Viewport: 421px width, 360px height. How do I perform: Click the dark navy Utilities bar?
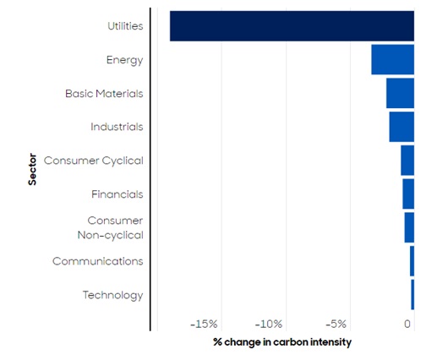[292, 26]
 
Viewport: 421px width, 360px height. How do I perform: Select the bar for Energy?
[393, 59]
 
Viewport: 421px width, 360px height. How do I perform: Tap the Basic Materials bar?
[400, 93]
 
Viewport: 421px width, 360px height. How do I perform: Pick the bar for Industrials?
[402, 127]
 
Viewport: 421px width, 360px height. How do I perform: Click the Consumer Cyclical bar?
[407, 161]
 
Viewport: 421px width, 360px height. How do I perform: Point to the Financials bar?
[408, 194]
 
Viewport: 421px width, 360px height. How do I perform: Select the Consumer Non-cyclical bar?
[409, 227]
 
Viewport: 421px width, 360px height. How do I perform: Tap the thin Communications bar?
[413, 261]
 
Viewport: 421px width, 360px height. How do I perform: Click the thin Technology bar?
[413, 295]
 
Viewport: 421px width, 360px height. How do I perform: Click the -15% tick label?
[204, 325]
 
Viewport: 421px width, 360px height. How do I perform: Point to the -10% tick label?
[269, 325]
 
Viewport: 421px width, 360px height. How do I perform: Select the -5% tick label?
[336, 325]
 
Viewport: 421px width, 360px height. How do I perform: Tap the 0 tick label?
[407, 325]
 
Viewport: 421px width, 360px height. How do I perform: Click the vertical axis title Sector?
[32, 169]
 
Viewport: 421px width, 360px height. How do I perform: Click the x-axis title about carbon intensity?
[282, 342]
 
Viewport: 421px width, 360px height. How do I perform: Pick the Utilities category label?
[125, 26]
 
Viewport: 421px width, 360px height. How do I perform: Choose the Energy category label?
[125, 60]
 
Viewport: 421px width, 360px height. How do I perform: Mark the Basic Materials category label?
[104, 94]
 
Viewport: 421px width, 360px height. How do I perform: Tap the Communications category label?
[98, 261]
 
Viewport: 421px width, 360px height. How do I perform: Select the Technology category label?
[113, 296]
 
